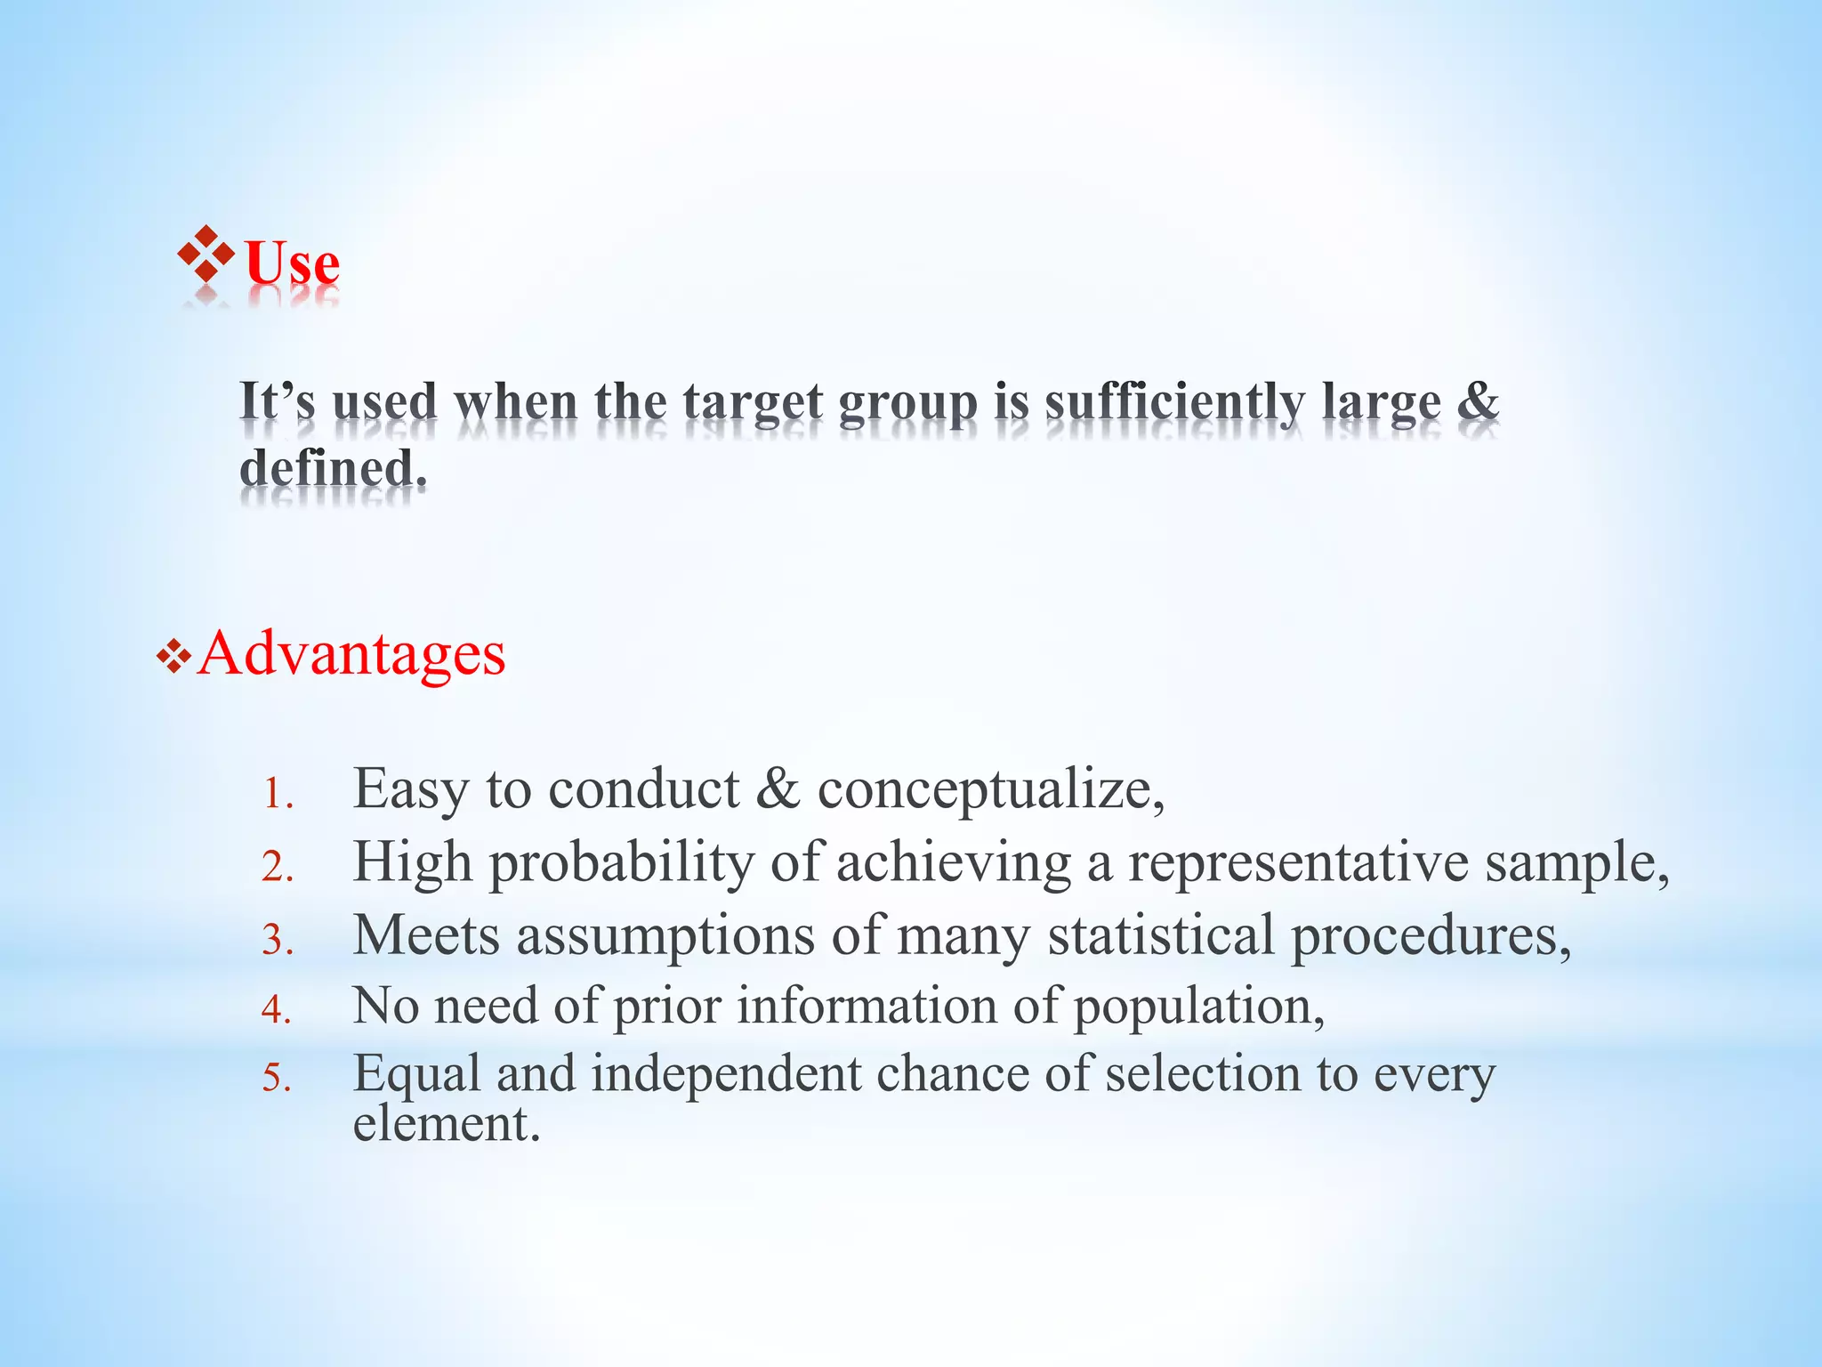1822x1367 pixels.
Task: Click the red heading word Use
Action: pos(292,263)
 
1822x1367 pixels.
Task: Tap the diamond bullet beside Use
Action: pos(206,255)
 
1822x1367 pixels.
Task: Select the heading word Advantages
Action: pos(351,654)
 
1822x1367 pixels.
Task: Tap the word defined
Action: pos(333,468)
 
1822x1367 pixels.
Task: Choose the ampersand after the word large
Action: pos(1478,400)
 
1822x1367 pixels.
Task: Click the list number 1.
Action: pos(277,795)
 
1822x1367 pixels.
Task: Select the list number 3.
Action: pos(277,941)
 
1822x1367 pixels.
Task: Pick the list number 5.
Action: pos(277,1079)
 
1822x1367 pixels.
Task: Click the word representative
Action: pos(1298,863)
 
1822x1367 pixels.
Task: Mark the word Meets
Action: pos(426,936)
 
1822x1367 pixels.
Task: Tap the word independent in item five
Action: pos(726,1073)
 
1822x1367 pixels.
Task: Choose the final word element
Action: pos(446,1123)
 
